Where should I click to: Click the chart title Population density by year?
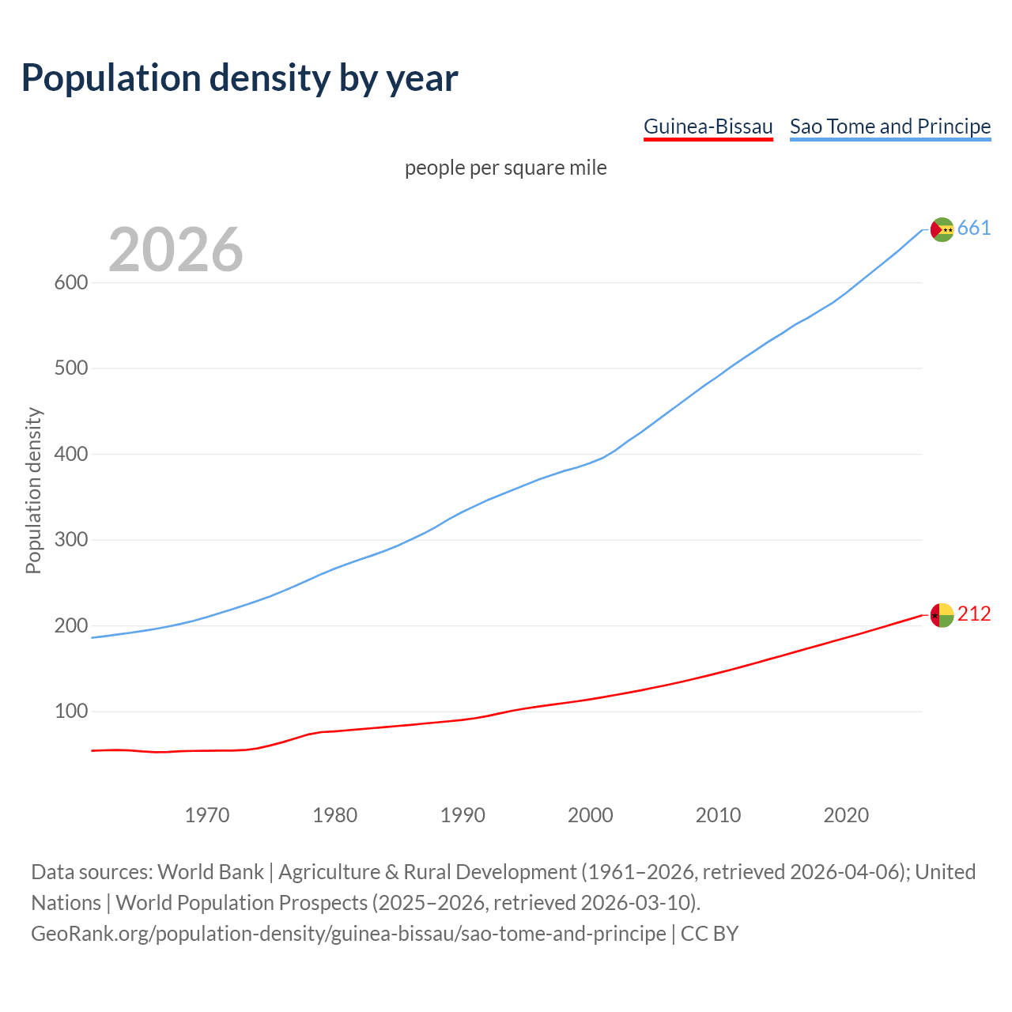(x=240, y=78)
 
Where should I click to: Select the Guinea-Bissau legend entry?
(x=708, y=126)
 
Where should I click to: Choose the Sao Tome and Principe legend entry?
(x=890, y=126)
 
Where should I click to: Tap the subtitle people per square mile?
(x=506, y=168)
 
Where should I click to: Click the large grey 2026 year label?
(x=176, y=250)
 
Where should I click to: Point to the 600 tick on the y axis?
(x=70, y=283)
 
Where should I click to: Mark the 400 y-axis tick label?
(x=70, y=455)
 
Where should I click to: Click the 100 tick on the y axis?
(x=70, y=712)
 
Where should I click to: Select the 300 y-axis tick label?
(x=70, y=540)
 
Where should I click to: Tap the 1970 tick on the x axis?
(x=207, y=815)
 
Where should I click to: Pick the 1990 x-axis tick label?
(x=463, y=815)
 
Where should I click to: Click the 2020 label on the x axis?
(x=846, y=815)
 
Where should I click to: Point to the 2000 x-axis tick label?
(x=591, y=815)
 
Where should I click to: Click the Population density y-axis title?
(x=33, y=490)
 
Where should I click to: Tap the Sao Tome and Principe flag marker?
(x=942, y=229)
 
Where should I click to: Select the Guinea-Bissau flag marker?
(x=942, y=615)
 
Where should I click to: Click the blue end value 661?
(x=974, y=228)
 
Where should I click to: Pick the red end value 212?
(x=974, y=614)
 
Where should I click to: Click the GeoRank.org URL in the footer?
(x=348, y=934)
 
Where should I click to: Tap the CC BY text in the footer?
(x=710, y=934)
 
